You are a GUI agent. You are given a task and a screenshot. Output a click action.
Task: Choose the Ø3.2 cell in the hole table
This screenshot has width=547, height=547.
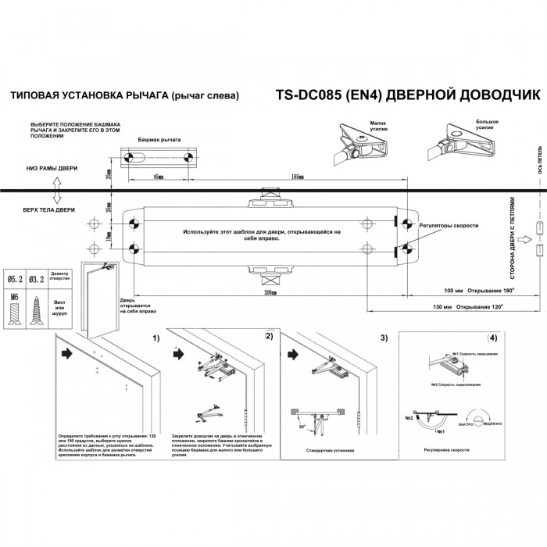pyautogui.click(x=37, y=278)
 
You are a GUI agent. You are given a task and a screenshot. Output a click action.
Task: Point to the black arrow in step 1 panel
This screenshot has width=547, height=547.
pyautogui.click(x=68, y=353)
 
